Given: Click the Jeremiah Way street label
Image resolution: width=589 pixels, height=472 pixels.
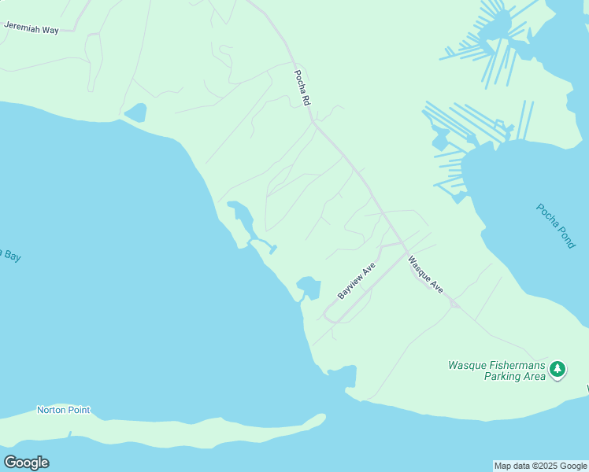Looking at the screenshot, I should pos(31,26).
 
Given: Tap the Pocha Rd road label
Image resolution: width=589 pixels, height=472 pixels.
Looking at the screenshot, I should pos(302,88).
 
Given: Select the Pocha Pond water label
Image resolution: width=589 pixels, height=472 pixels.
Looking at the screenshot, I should pos(556,226).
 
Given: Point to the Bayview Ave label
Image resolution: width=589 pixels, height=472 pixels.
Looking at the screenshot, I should pos(357,281).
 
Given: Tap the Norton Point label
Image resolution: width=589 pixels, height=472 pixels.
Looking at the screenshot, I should pos(63,410).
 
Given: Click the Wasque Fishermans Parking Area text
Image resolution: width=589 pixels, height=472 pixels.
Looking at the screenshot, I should pos(497,371).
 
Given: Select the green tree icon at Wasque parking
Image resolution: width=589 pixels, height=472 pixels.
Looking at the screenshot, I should pos(558,368).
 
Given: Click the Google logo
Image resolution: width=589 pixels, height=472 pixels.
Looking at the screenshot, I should pos(26,463).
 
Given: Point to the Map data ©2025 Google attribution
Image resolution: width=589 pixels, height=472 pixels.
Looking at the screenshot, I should pos(540,466).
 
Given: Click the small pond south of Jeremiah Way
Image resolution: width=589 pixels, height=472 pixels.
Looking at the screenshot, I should pos(135,112).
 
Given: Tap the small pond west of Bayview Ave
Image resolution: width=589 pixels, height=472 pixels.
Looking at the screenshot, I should pos(309,287).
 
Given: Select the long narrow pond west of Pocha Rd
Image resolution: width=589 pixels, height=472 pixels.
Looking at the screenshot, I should pos(242,216).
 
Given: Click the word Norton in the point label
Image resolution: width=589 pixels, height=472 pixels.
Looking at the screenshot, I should pos(51,410).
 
